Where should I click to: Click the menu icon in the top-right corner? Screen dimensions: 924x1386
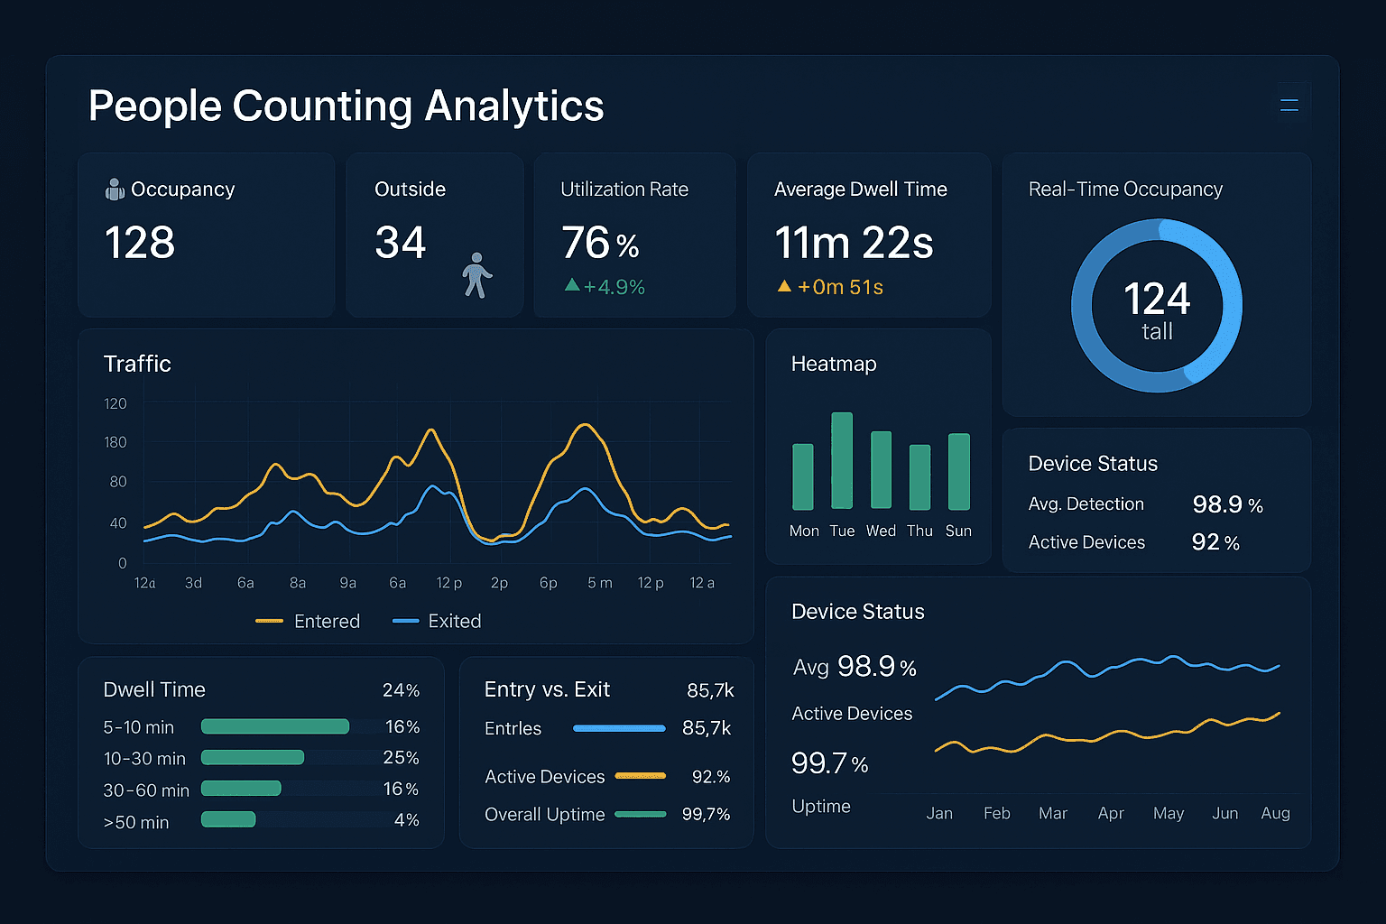pos(1289,106)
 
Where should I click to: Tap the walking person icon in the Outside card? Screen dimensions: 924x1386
pos(476,275)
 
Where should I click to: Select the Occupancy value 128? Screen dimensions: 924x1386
pos(140,243)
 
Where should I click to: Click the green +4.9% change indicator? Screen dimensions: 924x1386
pos(605,287)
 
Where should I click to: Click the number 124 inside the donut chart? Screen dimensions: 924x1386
pos(1157,299)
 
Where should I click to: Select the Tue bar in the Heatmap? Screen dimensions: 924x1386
pos(842,461)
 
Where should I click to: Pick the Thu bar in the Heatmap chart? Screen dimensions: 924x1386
pos(919,477)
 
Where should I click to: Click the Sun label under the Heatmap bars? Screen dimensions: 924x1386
pos(958,531)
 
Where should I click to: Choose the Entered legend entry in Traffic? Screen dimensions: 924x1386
pos(309,622)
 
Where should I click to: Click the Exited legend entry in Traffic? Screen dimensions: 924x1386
pos(438,622)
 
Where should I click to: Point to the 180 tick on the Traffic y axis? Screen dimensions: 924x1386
pos(115,442)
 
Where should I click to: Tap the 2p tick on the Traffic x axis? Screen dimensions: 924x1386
pos(499,584)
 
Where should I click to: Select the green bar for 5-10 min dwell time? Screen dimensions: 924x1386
pos(275,726)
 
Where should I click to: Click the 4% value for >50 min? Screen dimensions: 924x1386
pos(406,820)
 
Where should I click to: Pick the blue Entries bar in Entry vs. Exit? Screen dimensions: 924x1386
pos(619,728)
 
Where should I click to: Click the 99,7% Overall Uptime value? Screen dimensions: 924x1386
pos(706,815)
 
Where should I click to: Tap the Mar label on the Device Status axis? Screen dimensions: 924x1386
pos(1053,814)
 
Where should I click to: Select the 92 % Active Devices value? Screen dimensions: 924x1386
pos(1215,542)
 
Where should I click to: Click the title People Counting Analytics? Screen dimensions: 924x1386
pos(346,106)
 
